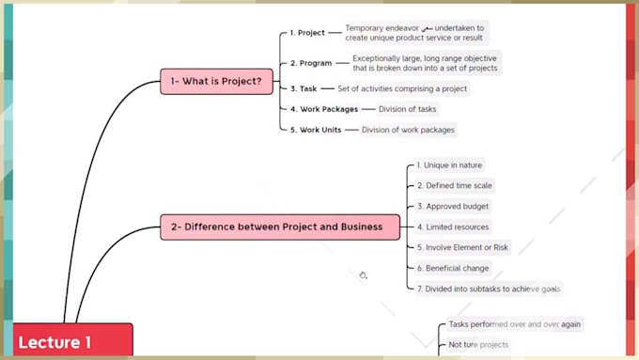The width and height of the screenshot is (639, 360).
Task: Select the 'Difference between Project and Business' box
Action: point(279,227)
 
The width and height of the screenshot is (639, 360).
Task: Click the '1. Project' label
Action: point(306,33)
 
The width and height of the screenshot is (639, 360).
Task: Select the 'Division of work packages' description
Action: point(408,130)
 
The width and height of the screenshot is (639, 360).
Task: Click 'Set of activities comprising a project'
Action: point(401,88)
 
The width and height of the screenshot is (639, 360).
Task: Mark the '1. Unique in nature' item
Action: point(450,165)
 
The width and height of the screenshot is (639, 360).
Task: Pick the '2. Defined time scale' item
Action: point(455,186)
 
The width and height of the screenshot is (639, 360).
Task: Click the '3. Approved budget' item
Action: point(453,207)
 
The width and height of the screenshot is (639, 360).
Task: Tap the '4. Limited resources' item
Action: point(453,227)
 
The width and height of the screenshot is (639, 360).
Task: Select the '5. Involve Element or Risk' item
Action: point(462,247)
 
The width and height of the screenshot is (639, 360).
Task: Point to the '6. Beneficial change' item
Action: point(453,268)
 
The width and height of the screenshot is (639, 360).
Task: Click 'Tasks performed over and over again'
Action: point(514,324)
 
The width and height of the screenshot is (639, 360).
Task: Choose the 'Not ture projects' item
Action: point(478,345)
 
